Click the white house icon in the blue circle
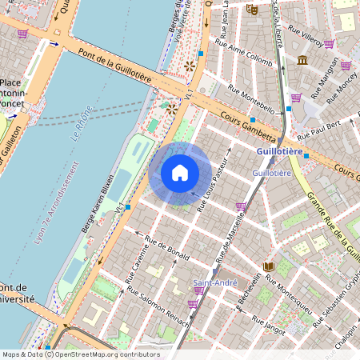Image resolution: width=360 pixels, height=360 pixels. (x=180, y=173)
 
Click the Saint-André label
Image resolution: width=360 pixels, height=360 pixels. (x=214, y=283)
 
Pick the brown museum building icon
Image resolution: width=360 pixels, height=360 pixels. (x=302, y=61)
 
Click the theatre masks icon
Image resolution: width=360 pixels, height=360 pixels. (x=252, y=10)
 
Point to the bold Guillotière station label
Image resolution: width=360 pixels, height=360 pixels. (x=279, y=151)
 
